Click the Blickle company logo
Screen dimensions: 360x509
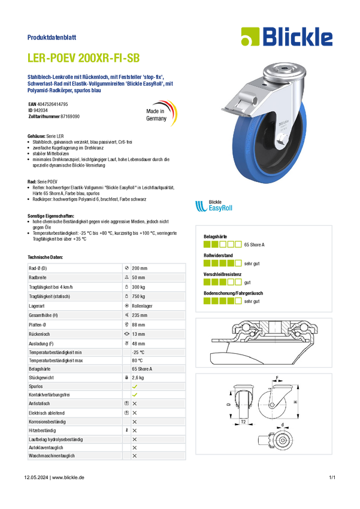point(287,37)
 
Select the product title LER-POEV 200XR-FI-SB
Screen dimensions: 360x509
point(83,58)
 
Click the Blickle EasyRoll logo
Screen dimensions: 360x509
point(214,206)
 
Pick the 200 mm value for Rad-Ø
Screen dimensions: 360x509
point(140,268)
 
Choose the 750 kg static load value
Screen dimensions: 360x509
point(138,296)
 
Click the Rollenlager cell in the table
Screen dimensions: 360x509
point(142,306)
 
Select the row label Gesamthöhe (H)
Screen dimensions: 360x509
point(43,315)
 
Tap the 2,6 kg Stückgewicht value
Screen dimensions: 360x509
point(138,377)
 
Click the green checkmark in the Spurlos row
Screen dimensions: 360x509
point(135,386)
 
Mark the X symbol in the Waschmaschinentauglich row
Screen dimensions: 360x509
point(135,456)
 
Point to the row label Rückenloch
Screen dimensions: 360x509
point(40,334)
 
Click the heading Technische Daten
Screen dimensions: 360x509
point(45,257)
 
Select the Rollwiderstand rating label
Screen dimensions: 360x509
point(218,256)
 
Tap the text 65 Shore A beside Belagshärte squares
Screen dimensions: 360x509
point(254,245)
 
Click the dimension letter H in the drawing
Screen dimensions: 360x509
point(295,402)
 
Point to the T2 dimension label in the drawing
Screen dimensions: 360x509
point(243,422)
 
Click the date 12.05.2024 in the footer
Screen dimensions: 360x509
point(36,477)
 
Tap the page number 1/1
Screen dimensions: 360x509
point(332,477)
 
